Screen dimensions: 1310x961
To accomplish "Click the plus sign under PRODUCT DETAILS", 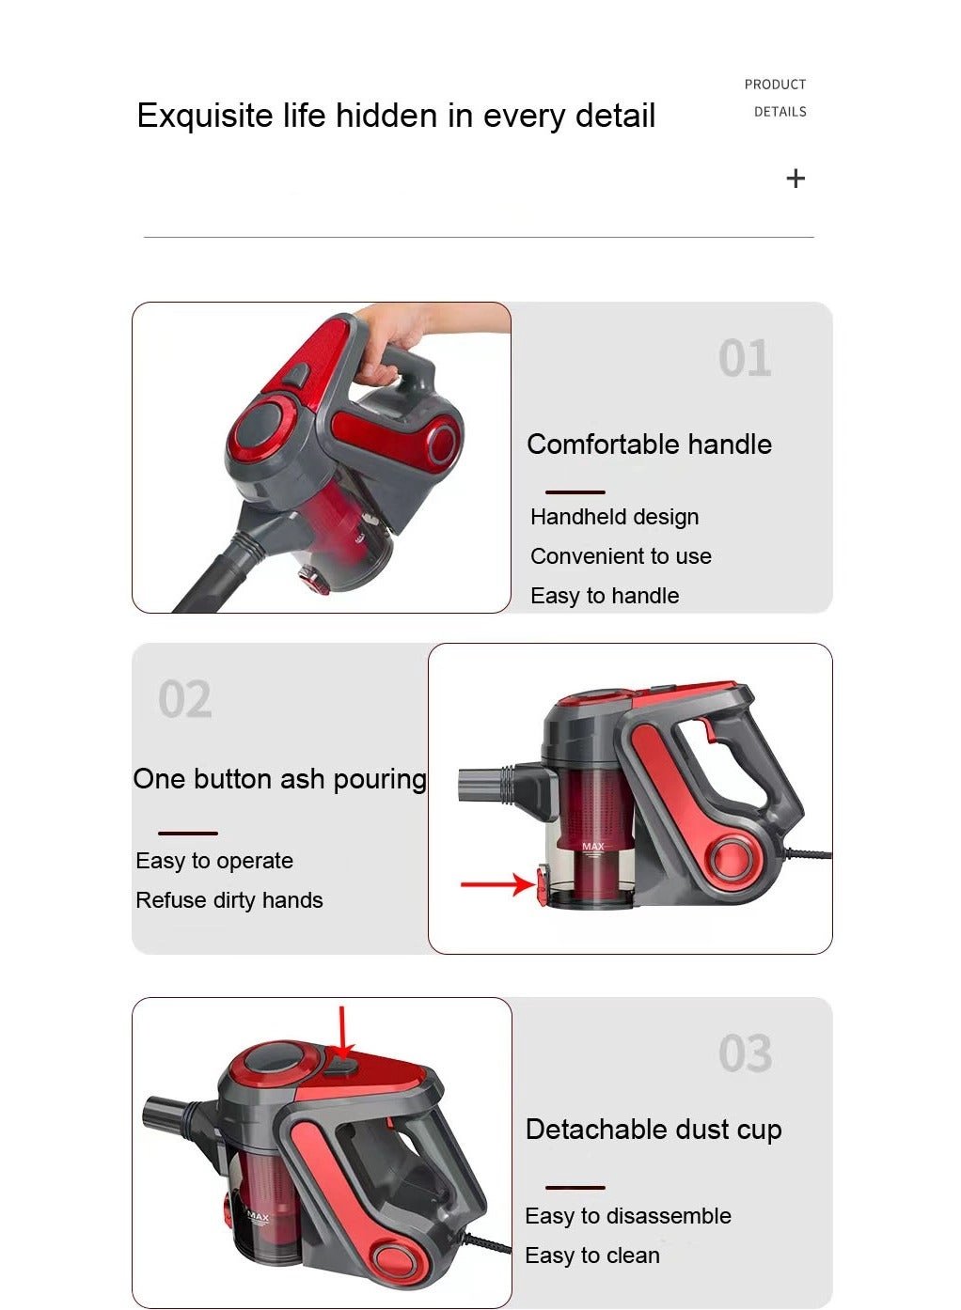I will [796, 179].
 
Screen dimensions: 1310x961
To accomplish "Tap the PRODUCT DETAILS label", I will [776, 98].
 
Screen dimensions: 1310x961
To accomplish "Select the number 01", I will [745, 359].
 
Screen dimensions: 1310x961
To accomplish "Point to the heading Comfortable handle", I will [649, 444].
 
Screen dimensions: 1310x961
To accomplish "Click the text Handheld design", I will [614, 517].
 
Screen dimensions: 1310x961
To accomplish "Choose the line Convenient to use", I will [621, 556].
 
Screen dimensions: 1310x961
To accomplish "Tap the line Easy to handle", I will [605, 596].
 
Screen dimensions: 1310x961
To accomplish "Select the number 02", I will [185, 700].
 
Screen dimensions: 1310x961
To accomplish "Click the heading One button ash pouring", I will [279, 779].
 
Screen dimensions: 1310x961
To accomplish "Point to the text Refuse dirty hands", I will [229, 900].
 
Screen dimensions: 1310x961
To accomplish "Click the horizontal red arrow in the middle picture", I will [496, 884].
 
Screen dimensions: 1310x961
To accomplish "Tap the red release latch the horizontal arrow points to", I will [544, 886].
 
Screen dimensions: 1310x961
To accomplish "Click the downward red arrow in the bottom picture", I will [342, 1034].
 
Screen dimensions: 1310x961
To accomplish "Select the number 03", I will [745, 1054].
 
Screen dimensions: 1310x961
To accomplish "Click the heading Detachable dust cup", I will [654, 1130].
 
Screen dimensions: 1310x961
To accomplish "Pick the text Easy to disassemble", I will [628, 1216].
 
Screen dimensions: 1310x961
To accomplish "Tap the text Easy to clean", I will [592, 1255].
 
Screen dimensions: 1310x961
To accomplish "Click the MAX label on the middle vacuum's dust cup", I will [593, 847].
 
